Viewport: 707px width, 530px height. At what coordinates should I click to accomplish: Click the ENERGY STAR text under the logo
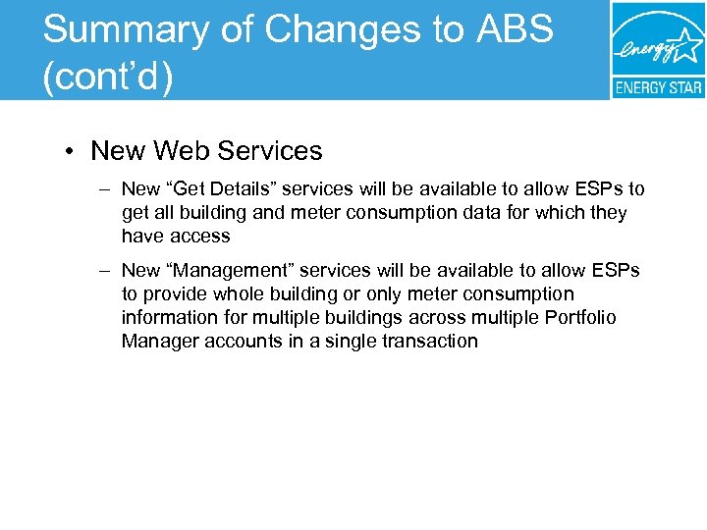coord(658,87)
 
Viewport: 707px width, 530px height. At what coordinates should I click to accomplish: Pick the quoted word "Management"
coord(235,270)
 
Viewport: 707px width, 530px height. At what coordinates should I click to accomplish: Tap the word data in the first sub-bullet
coord(469,212)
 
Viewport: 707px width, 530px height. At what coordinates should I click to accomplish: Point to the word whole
coord(230,293)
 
